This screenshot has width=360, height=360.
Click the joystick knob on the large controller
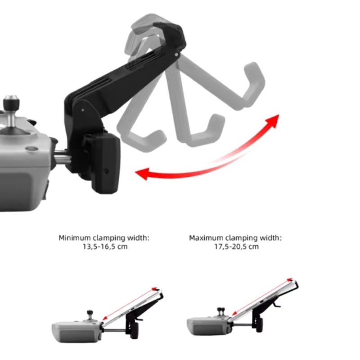(11, 101)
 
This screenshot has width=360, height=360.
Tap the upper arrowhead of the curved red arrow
(273, 120)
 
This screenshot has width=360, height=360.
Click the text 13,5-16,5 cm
(105, 247)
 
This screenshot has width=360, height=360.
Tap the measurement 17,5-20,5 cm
(237, 247)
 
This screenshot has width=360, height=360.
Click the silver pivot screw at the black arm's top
(176, 54)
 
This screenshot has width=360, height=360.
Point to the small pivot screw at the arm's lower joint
(83, 110)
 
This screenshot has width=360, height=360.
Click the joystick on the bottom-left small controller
(90, 315)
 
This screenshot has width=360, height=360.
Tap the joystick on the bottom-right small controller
(221, 312)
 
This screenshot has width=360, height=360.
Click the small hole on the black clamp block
(106, 171)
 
